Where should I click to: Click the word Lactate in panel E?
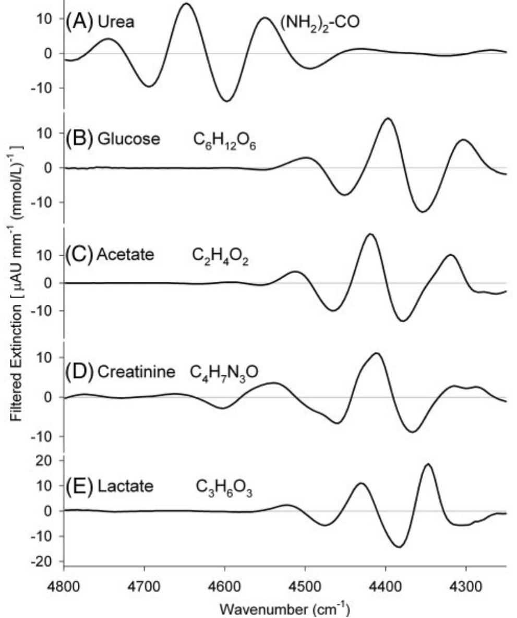(125, 486)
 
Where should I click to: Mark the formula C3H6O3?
(224, 488)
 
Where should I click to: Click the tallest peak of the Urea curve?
(186, 4)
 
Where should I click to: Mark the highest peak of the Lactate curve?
(428, 464)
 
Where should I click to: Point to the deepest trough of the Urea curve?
(226, 101)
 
